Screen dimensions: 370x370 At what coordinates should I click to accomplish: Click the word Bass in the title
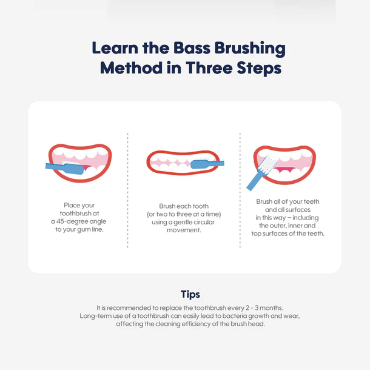192,48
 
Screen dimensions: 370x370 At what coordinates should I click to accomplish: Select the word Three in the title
209,68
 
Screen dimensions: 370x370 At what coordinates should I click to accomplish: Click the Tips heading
190,295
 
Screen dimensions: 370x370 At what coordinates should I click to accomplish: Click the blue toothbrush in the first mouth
64,168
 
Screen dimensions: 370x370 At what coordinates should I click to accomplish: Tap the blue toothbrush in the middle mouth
207,164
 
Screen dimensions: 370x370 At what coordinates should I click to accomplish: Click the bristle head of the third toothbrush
268,165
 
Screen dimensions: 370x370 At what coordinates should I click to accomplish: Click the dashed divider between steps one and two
127,190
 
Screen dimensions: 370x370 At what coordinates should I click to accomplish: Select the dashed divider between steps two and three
240,190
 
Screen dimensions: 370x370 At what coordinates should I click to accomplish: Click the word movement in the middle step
184,230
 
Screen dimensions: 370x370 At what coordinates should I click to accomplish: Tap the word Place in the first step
72,205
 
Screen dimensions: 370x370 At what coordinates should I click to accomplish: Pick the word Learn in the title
115,48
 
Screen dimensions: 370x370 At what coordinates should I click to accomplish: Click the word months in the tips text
271,308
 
